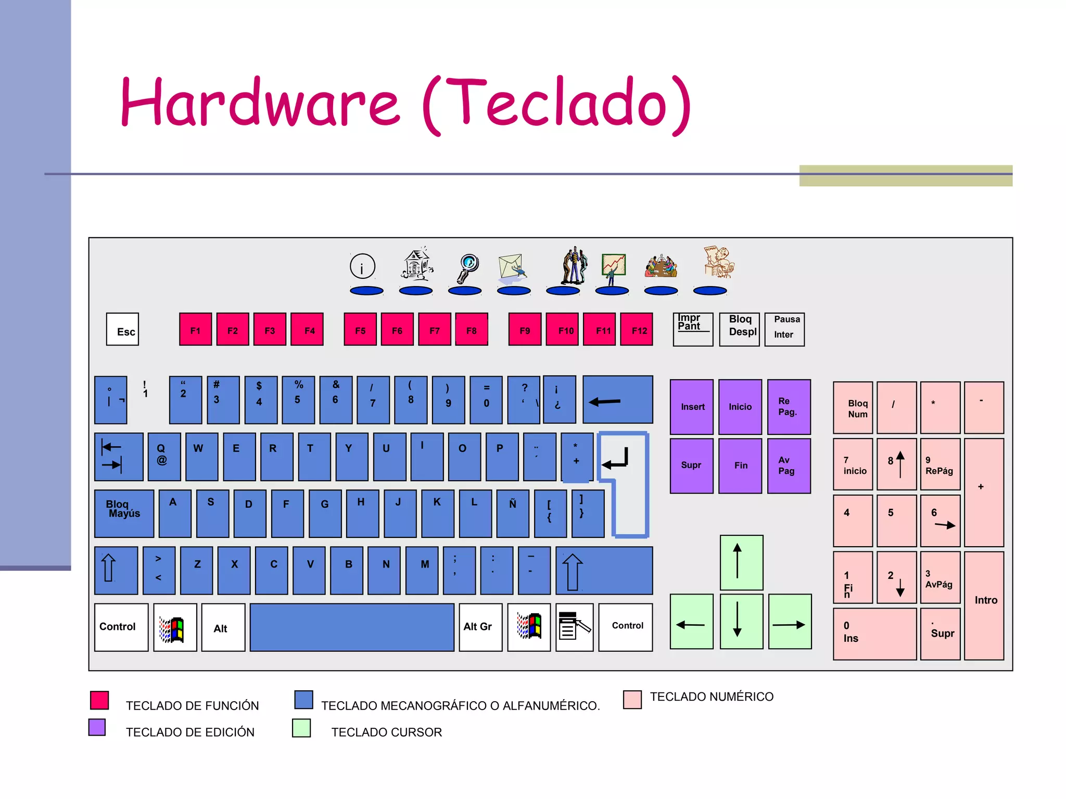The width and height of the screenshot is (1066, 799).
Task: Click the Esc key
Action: click(x=122, y=329)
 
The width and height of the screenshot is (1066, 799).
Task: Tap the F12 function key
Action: click(x=637, y=329)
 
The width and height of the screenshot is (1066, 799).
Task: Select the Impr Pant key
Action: click(x=693, y=329)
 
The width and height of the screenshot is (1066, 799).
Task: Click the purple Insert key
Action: click(x=692, y=407)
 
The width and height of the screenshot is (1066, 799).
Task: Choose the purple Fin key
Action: click(x=740, y=466)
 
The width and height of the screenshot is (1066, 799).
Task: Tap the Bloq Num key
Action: click(x=853, y=408)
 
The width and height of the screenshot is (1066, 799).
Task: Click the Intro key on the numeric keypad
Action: click(x=984, y=605)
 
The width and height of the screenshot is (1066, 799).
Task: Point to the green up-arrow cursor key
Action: click(x=741, y=562)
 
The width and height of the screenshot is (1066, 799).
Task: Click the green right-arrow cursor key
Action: click(x=790, y=622)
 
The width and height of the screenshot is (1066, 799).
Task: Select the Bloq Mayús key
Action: click(x=124, y=513)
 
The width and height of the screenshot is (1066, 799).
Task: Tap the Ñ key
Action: click(x=513, y=513)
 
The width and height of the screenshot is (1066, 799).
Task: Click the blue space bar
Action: click(x=352, y=627)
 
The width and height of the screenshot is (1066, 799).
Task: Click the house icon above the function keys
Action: click(x=417, y=264)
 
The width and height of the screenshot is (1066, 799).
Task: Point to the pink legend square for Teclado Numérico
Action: click(x=632, y=700)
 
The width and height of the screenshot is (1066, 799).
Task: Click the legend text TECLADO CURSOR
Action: click(x=386, y=732)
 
